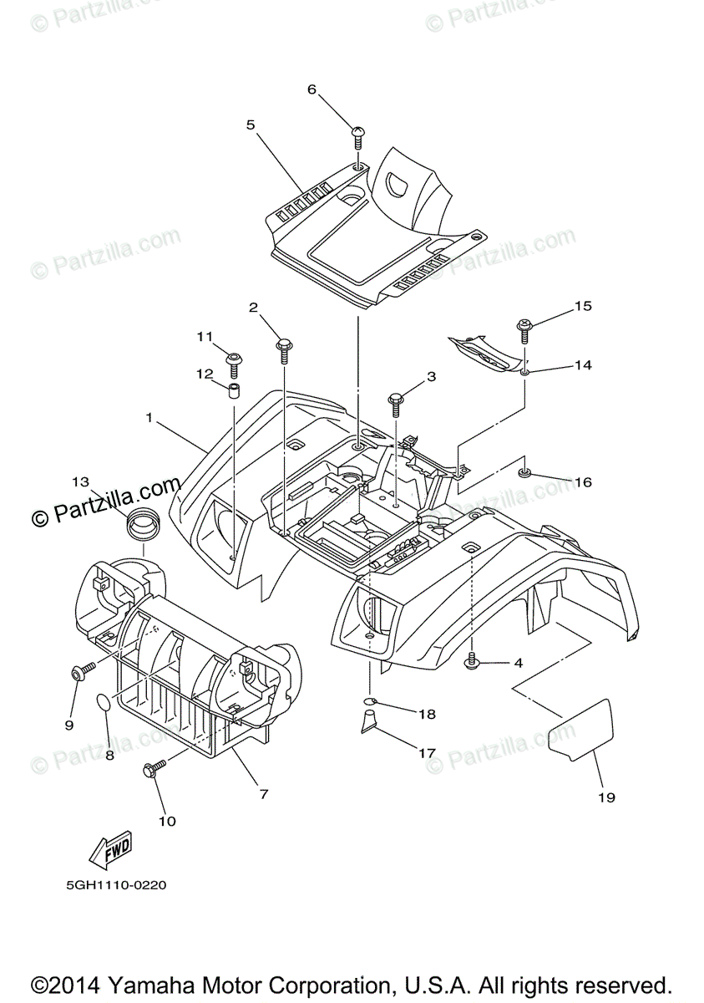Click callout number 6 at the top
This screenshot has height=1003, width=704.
click(312, 89)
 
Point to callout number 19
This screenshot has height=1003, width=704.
click(606, 797)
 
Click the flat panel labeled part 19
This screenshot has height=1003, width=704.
click(580, 729)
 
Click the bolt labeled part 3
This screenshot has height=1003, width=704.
click(395, 402)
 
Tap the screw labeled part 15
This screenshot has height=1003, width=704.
click(524, 328)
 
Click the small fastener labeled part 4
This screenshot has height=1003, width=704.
click(472, 662)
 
